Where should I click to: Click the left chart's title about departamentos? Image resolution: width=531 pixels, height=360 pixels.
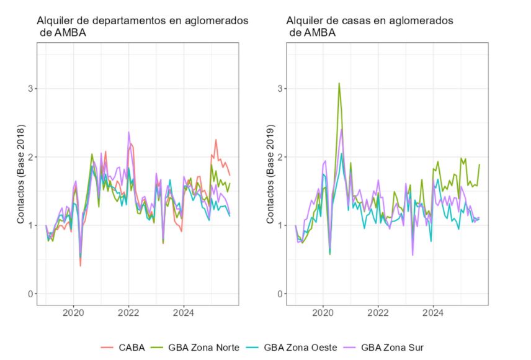point(142,27)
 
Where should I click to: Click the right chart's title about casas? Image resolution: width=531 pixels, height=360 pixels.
point(371,27)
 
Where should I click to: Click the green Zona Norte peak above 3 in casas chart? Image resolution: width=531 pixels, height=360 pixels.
point(339,83)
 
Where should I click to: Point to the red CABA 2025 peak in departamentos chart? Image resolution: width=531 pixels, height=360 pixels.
point(216,140)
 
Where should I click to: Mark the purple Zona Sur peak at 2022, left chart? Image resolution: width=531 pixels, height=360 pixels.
point(128,132)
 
